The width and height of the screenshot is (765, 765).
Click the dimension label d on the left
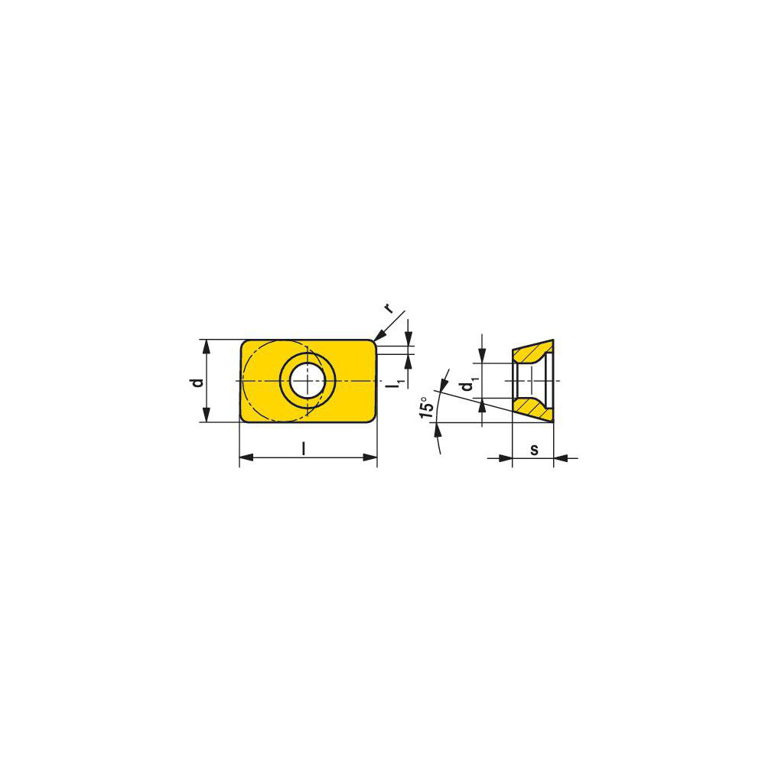click(197, 380)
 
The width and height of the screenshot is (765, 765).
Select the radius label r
click(389, 308)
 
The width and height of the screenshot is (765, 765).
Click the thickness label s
click(534, 449)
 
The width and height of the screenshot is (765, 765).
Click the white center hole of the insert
click(306, 380)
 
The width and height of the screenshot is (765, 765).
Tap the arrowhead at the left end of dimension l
click(246, 458)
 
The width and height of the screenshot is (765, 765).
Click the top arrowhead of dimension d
click(205, 345)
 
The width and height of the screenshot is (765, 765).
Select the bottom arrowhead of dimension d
click(205, 415)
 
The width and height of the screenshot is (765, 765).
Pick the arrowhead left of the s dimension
click(506, 458)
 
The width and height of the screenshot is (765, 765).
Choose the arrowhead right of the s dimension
click(560, 458)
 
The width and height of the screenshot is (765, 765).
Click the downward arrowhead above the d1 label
click(482, 357)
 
